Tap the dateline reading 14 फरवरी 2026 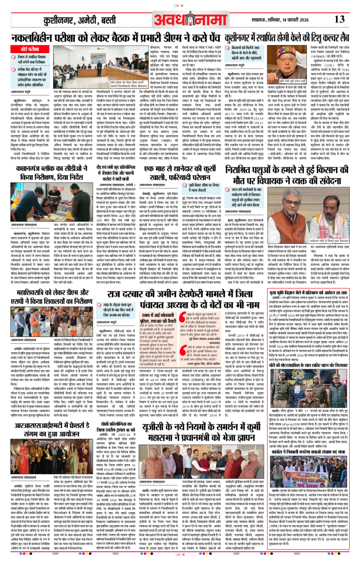[x=294, y=20]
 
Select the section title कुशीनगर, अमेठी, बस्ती [x=80, y=20]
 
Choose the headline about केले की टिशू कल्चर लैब [x=286, y=38]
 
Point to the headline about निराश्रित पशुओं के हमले [x=286, y=174]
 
